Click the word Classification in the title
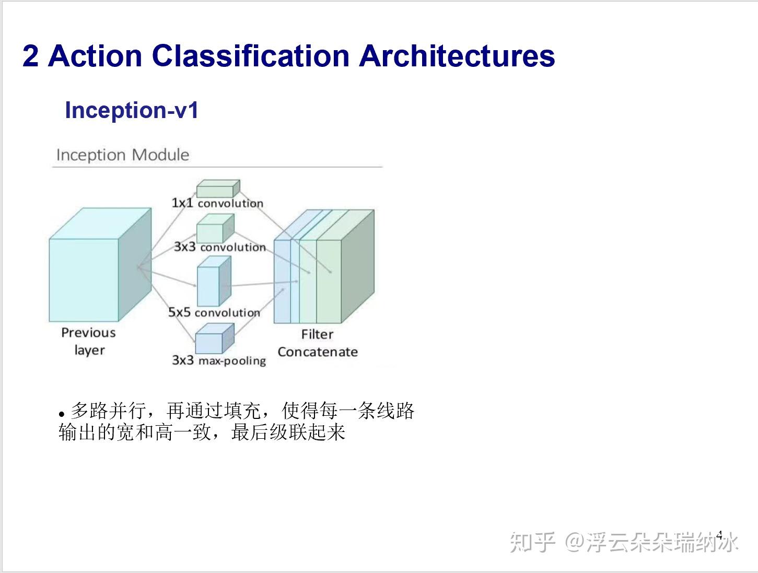tap(250, 55)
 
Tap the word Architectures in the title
tap(457, 55)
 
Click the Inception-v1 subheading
tap(131, 110)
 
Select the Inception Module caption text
tap(122, 155)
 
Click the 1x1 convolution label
tap(217, 203)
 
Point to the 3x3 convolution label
tap(220, 247)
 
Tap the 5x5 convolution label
tap(214, 312)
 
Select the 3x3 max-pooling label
tap(219, 360)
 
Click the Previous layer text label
tap(89, 341)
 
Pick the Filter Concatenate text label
tap(318, 343)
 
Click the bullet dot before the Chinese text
tap(61, 413)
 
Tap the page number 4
tap(719, 535)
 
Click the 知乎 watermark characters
tap(532, 542)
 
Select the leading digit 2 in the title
tap(30, 55)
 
